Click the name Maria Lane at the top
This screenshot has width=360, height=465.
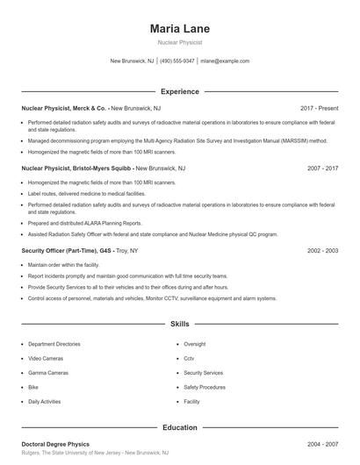[x=179, y=29]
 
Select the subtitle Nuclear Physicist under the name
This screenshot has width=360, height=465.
[x=179, y=42]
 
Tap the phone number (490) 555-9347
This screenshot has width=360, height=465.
[x=177, y=61]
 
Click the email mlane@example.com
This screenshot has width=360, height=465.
[x=225, y=61]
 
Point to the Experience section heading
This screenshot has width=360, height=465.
[x=179, y=91]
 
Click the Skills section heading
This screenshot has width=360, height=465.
[x=179, y=324]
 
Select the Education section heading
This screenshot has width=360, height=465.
[x=179, y=427]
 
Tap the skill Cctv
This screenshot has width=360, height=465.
[x=189, y=359]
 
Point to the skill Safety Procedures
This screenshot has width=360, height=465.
[x=205, y=387]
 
